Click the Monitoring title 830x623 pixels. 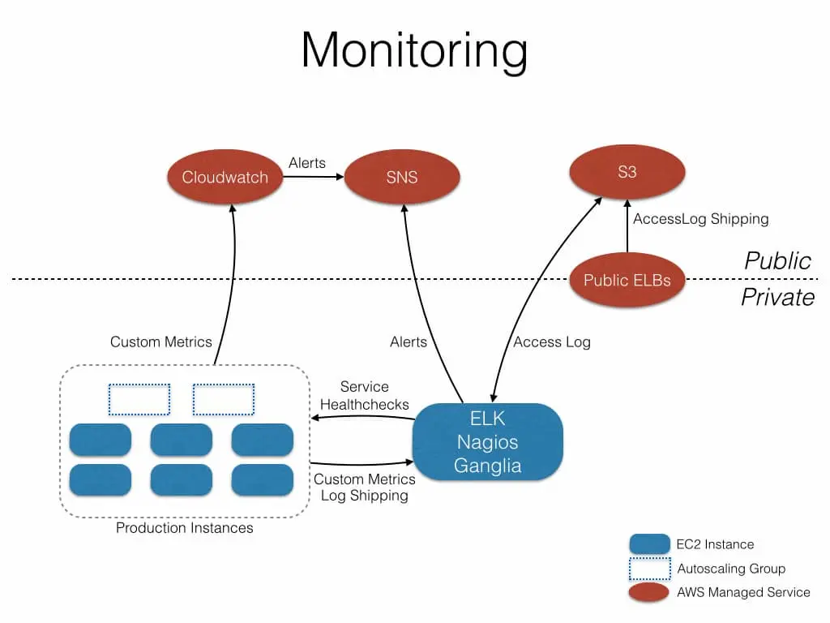[x=414, y=50]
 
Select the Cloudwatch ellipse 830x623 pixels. [x=225, y=177]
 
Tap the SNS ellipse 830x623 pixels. [x=402, y=177]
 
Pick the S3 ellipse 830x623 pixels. [x=627, y=173]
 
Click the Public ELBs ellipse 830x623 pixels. [x=627, y=281]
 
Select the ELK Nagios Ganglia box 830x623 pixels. [x=487, y=442]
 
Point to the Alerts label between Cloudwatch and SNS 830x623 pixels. [x=307, y=163]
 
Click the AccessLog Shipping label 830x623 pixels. [x=700, y=219]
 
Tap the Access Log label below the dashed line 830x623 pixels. [x=552, y=342]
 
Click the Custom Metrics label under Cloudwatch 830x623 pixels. [x=161, y=342]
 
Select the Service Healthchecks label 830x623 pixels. [x=365, y=396]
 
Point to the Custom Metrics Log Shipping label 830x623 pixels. [x=365, y=488]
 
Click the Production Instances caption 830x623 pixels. [x=185, y=528]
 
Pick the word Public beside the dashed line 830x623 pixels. [x=777, y=260]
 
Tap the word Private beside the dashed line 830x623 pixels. [x=777, y=297]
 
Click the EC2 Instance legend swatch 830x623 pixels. [x=648, y=544]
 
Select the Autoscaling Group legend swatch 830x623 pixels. [x=648, y=569]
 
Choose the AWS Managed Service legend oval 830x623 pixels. [x=648, y=593]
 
